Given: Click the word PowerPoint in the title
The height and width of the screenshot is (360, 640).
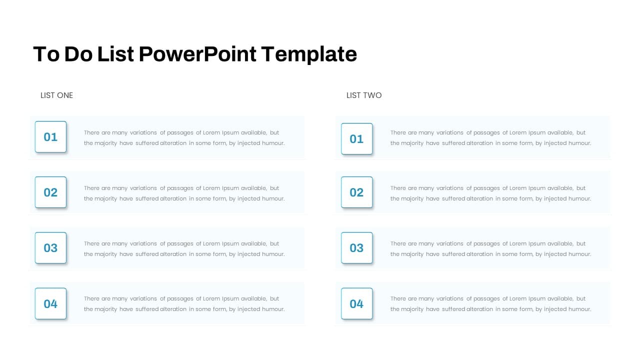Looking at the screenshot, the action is pyautogui.click(x=197, y=54).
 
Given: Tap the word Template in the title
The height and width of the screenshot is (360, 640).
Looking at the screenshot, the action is pyautogui.click(x=309, y=54).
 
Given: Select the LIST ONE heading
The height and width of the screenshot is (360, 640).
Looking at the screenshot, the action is pyautogui.click(x=56, y=95).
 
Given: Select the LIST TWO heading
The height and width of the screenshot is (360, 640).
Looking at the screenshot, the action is pyautogui.click(x=364, y=95).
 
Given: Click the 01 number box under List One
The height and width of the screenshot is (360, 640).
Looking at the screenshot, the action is pyautogui.click(x=50, y=137).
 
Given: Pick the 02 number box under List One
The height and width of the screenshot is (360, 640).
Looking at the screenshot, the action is pyautogui.click(x=50, y=192).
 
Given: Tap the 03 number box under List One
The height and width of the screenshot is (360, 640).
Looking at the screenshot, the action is pyautogui.click(x=50, y=247).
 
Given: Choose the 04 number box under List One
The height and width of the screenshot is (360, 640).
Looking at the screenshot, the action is pyautogui.click(x=50, y=303).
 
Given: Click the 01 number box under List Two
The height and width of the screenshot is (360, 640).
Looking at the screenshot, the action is pyautogui.click(x=356, y=139).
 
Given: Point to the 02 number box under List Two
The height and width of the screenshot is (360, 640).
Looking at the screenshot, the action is pyautogui.click(x=356, y=192).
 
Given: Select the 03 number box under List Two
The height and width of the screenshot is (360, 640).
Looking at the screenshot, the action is pyautogui.click(x=356, y=247).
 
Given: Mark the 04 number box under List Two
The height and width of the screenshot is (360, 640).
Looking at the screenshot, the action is pyautogui.click(x=356, y=303).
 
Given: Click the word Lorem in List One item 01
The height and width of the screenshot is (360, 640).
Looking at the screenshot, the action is pyautogui.click(x=211, y=132).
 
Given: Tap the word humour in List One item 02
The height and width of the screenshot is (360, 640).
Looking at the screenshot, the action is pyautogui.click(x=273, y=198).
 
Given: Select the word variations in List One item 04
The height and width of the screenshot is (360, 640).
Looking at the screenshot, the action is pyautogui.click(x=143, y=298).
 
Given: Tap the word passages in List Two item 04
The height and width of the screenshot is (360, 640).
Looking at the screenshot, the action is pyautogui.click(x=486, y=299).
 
